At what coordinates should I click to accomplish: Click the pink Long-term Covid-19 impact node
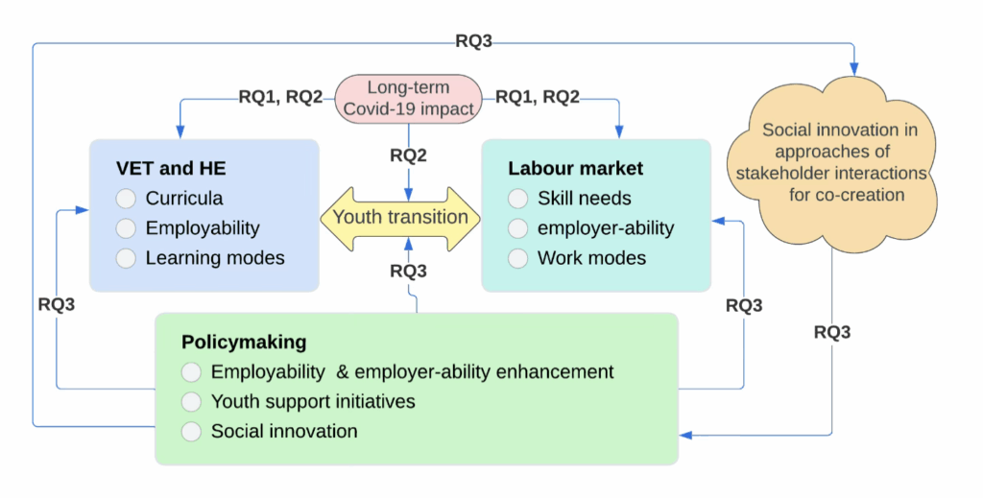pyautogui.click(x=408, y=98)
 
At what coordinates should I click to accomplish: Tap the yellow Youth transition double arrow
pyautogui.click(x=400, y=217)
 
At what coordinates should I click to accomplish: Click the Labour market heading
pyautogui.click(x=575, y=169)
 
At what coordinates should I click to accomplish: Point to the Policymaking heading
pyautogui.click(x=244, y=342)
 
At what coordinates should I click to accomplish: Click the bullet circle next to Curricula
pyautogui.click(x=126, y=199)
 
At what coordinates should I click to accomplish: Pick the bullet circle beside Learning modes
pyautogui.click(x=126, y=258)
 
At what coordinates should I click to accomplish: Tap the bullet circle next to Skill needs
pyautogui.click(x=518, y=199)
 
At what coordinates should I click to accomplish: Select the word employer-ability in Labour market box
pyautogui.click(x=606, y=228)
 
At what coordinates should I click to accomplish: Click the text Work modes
pyautogui.click(x=591, y=258)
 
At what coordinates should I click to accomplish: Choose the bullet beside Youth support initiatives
pyautogui.click(x=192, y=401)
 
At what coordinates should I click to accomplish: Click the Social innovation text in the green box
pyautogui.click(x=284, y=431)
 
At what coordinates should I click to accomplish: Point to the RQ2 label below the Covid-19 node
pyautogui.click(x=408, y=154)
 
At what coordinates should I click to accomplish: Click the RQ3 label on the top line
pyautogui.click(x=474, y=41)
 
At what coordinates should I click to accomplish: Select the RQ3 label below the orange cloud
pyautogui.click(x=831, y=332)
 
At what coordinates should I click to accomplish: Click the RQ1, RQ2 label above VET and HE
pyautogui.click(x=280, y=96)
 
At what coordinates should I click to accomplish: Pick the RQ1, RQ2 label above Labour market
pyautogui.click(x=536, y=96)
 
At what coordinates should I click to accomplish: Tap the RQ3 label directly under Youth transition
pyautogui.click(x=408, y=272)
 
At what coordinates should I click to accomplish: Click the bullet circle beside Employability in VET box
pyautogui.click(x=126, y=228)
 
